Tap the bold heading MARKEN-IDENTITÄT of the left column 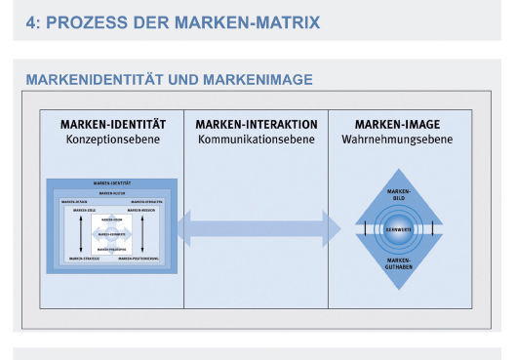click(112, 125)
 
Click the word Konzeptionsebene click(112, 140)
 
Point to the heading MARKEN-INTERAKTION click(256, 125)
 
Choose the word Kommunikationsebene click(256, 140)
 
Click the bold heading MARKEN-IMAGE click(399, 125)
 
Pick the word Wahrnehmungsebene click(399, 140)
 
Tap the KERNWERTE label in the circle click(399, 229)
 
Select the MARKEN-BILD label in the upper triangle click(399, 194)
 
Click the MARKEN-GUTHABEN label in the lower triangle click(399, 264)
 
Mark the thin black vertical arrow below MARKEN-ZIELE click(82, 234)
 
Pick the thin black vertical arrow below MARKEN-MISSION click(142, 234)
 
